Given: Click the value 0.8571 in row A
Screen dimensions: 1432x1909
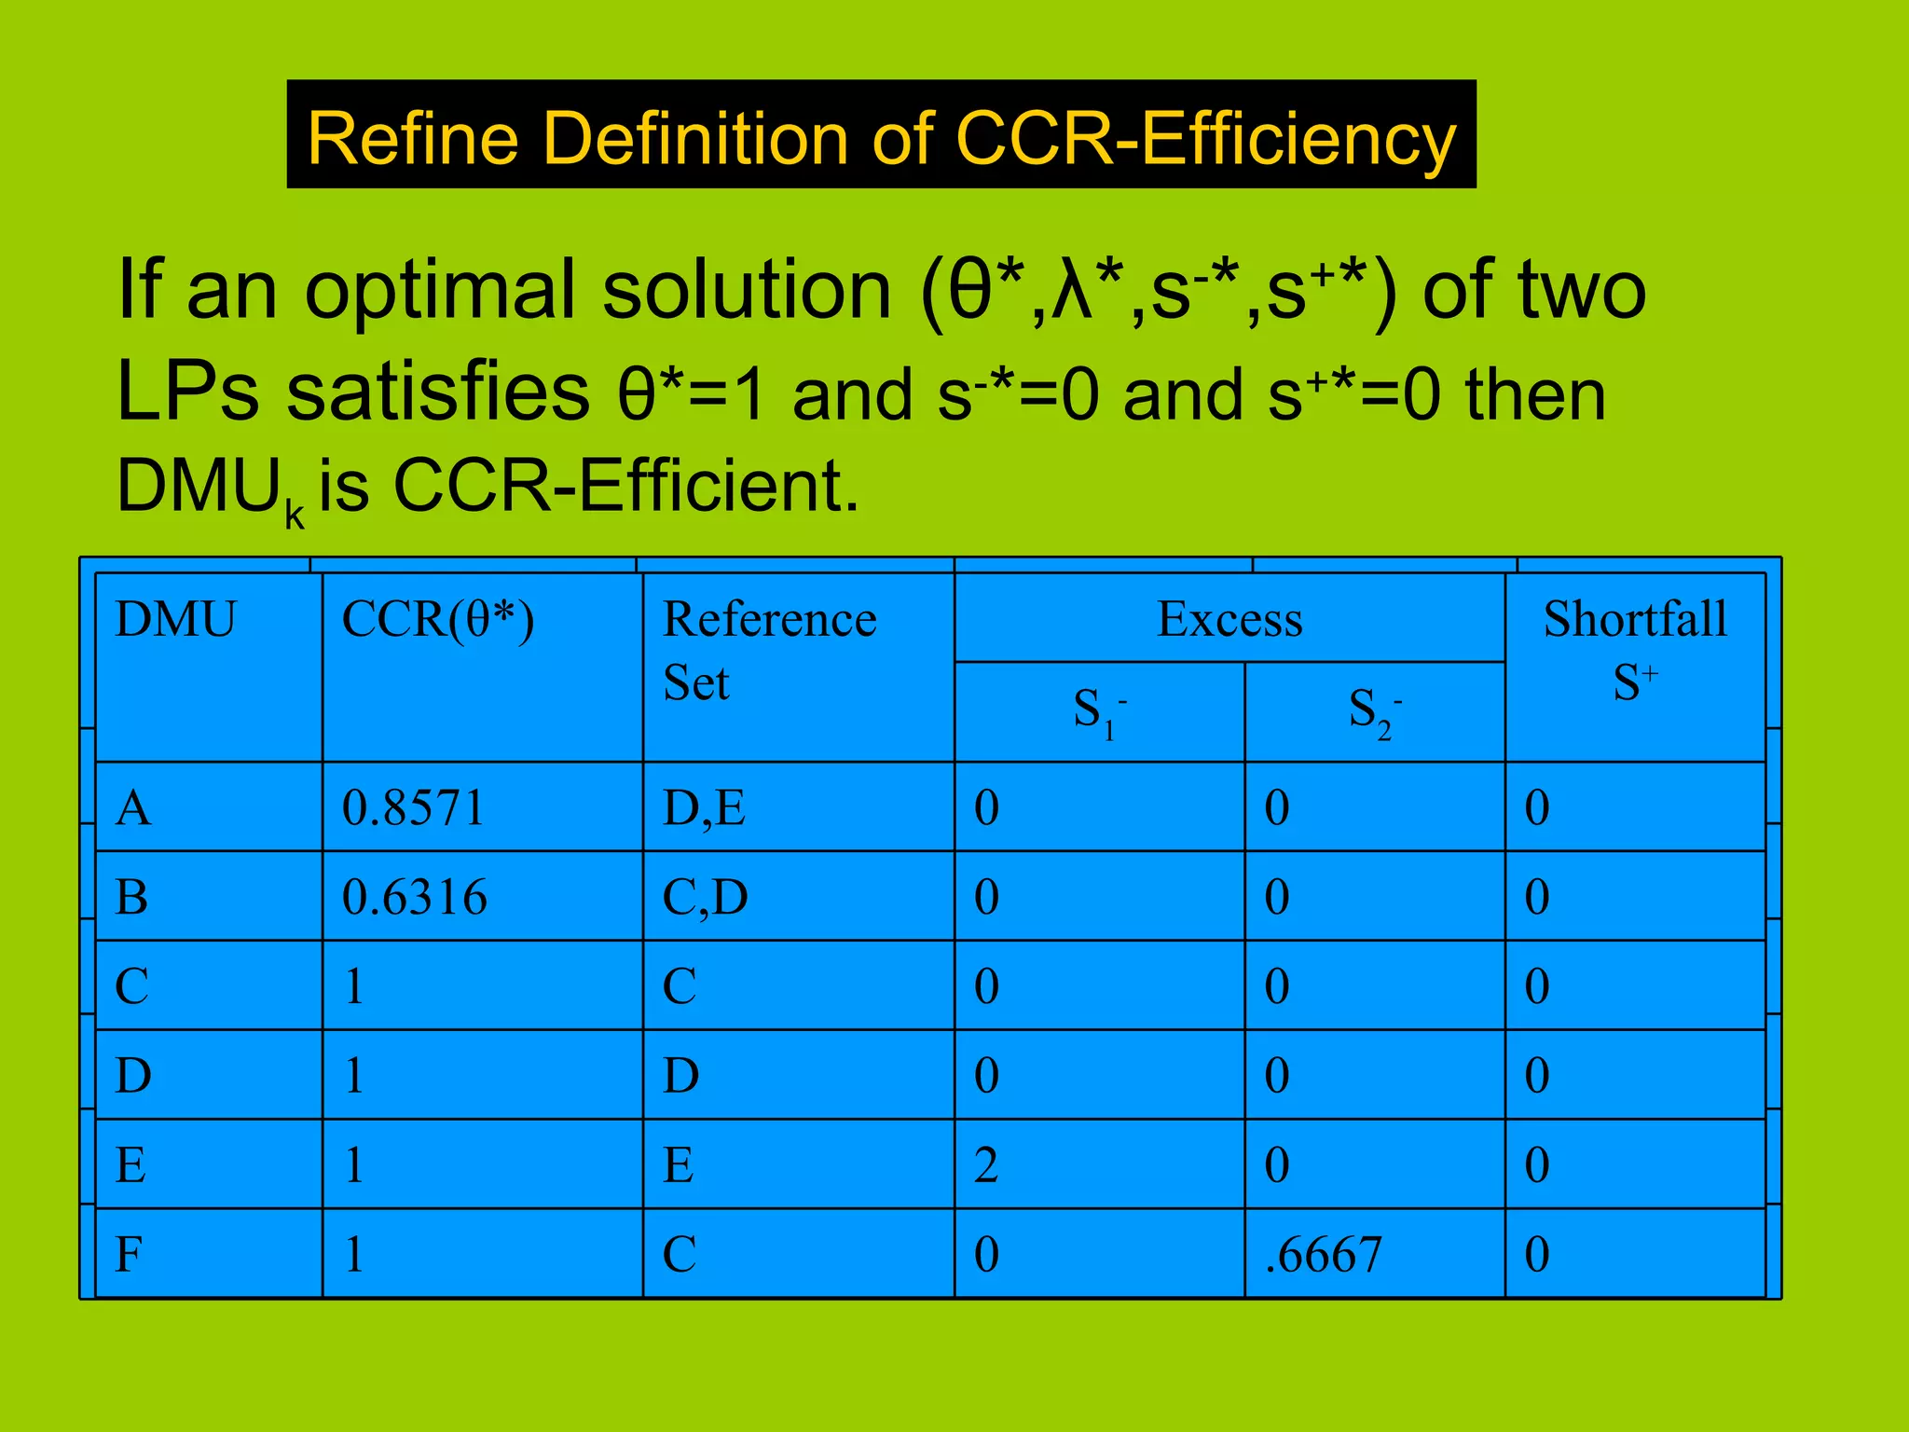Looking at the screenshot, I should click(413, 807).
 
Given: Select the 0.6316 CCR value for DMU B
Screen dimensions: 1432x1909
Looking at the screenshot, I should click(414, 897).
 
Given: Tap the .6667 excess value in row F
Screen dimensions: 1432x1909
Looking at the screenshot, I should click(1323, 1255).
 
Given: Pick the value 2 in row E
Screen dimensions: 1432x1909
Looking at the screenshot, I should click(986, 1165).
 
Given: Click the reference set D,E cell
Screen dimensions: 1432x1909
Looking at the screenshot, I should click(704, 807).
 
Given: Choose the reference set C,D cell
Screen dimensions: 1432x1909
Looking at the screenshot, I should click(705, 897).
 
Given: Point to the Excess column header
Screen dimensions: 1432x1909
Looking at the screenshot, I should click(1229, 619).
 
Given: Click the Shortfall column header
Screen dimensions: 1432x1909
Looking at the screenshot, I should click(1635, 619).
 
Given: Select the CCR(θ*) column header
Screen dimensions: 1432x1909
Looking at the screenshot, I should click(438, 619).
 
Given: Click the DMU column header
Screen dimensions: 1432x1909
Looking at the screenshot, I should click(175, 619).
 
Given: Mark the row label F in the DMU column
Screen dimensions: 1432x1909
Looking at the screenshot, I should click(129, 1255).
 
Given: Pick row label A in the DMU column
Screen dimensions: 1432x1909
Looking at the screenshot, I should click(132, 807).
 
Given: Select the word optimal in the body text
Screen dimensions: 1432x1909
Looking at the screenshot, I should click(439, 290).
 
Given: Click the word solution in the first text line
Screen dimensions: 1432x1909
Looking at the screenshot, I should click(747, 290).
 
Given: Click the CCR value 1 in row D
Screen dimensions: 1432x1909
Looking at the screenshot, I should click(353, 1076).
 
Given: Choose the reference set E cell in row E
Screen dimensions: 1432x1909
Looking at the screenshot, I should click(678, 1165).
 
